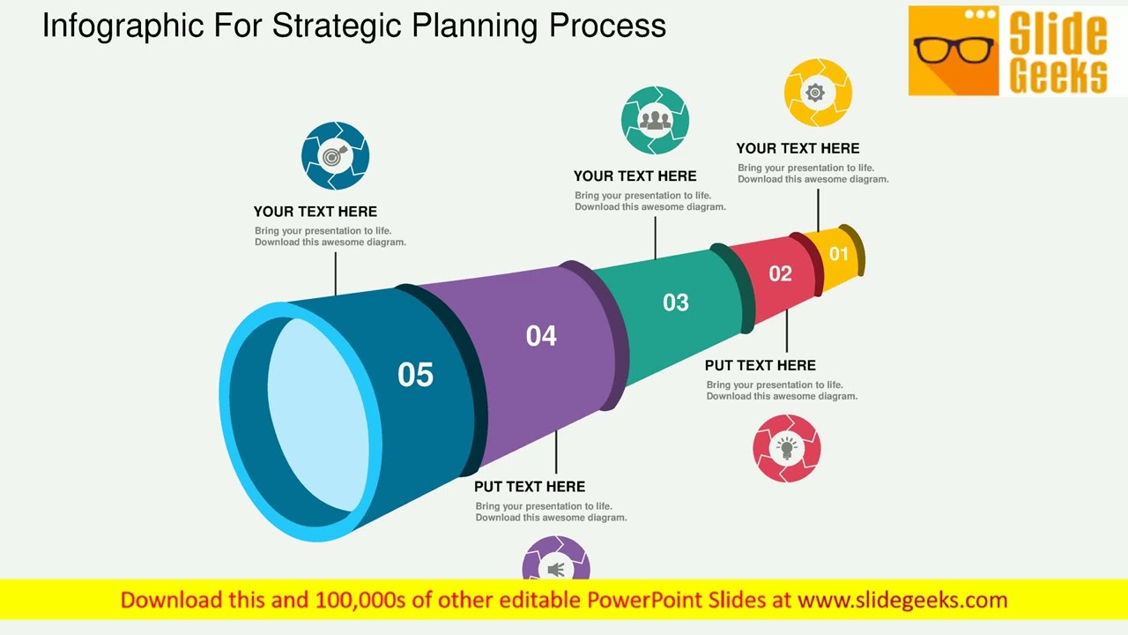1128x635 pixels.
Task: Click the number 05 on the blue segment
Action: [x=415, y=375]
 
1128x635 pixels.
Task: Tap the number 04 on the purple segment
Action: [x=541, y=336]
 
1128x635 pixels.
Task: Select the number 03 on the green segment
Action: [x=675, y=303]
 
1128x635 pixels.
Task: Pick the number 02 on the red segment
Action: [x=780, y=273]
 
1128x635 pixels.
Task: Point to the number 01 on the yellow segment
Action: [x=838, y=254]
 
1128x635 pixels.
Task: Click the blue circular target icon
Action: [x=335, y=156]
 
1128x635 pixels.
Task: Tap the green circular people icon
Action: [x=655, y=120]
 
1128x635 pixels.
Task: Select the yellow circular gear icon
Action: [x=817, y=93]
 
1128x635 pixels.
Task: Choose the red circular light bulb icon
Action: [x=786, y=448]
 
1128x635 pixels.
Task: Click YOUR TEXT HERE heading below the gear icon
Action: [x=798, y=148]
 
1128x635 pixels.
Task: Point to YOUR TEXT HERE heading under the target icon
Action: [x=315, y=212]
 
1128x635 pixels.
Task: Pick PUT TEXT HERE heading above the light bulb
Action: [x=760, y=365]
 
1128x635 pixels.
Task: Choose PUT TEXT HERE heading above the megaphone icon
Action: [x=529, y=487]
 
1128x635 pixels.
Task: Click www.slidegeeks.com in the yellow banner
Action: [x=902, y=601]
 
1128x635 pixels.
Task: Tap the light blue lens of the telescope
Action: [x=317, y=415]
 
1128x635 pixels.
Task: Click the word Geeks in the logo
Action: [x=1057, y=76]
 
